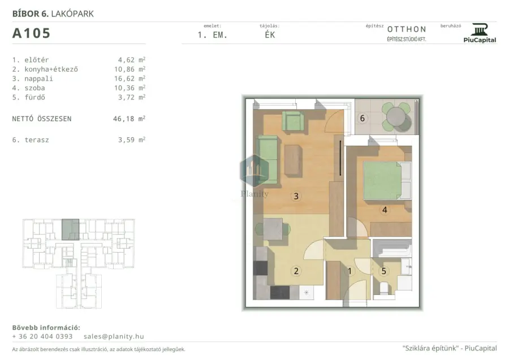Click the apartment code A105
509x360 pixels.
click(x=31, y=33)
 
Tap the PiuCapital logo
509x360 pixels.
click(x=480, y=33)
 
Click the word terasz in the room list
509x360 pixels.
click(x=37, y=140)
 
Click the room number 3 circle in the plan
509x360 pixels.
click(x=296, y=196)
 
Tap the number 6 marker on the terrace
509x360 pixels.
click(x=363, y=118)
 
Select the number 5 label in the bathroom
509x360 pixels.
click(x=383, y=271)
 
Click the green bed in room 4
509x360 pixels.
click(x=382, y=180)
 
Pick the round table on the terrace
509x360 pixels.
click(x=396, y=116)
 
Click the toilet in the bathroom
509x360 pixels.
click(x=384, y=288)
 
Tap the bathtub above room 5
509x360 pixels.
click(x=392, y=249)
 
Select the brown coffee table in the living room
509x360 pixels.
click(x=293, y=160)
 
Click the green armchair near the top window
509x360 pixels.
click(x=293, y=121)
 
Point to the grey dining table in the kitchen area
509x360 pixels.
click(x=273, y=229)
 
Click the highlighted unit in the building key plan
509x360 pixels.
click(x=71, y=229)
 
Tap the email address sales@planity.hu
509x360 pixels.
click(x=114, y=337)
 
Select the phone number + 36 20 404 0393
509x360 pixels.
click(x=42, y=337)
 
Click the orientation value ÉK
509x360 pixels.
click(x=270, y=34)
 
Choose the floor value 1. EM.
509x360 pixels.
click(x=212, y=35)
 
